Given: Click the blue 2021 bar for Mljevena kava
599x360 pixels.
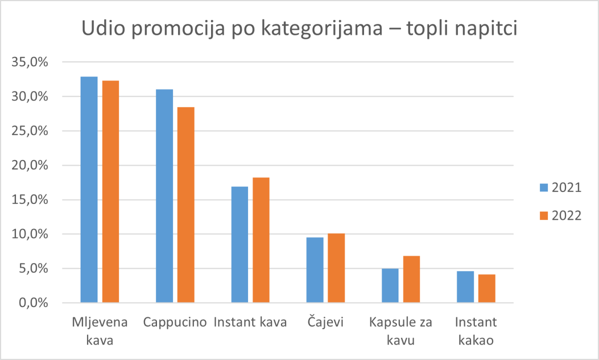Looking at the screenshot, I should pyautogui.click(x=89, y=190).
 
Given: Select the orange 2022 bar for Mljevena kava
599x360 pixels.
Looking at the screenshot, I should pyautogui.click(x=110, y=191).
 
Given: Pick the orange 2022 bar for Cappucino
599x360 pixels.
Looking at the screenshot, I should pyautogui.click(x=185, y=205).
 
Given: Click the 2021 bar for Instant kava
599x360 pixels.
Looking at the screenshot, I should pyautogui.click(x=239, y=244).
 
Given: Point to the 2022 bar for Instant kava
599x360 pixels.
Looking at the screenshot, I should pyautogui.click(x=261, y=240).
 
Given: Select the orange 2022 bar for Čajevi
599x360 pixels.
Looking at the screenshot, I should pyautogui.click(x=336, y=268).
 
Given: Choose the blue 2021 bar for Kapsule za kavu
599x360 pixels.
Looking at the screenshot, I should pyautogui.click(x=390, y=285).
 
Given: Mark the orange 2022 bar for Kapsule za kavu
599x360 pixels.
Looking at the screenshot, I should pyautogui.click(x=411, y=279).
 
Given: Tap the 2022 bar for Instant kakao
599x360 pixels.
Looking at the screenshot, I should pyautogui.click(x=486, y=288).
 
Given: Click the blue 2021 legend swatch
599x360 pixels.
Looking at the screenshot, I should pyautogui.click(x=543, y=188).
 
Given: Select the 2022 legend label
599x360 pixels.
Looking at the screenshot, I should pyautogui.click(x=566, y=216).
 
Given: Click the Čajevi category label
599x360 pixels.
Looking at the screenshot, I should pyautogui.click(x=325, y=322).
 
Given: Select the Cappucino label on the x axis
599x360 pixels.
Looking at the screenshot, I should pyautogui.click(x=175, y=322).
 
